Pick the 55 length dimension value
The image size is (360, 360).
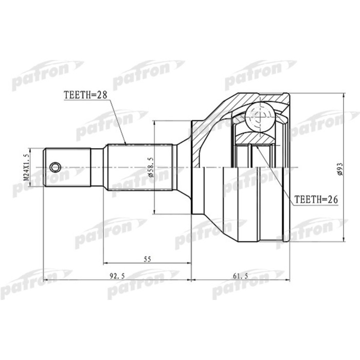[x=147, y=260]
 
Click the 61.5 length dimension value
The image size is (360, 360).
[x=240, y=276]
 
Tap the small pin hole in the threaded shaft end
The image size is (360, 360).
[x=55, y=167]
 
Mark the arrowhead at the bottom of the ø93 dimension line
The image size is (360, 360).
[x=344, y=240]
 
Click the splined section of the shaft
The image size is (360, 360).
[x=139, y=167]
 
